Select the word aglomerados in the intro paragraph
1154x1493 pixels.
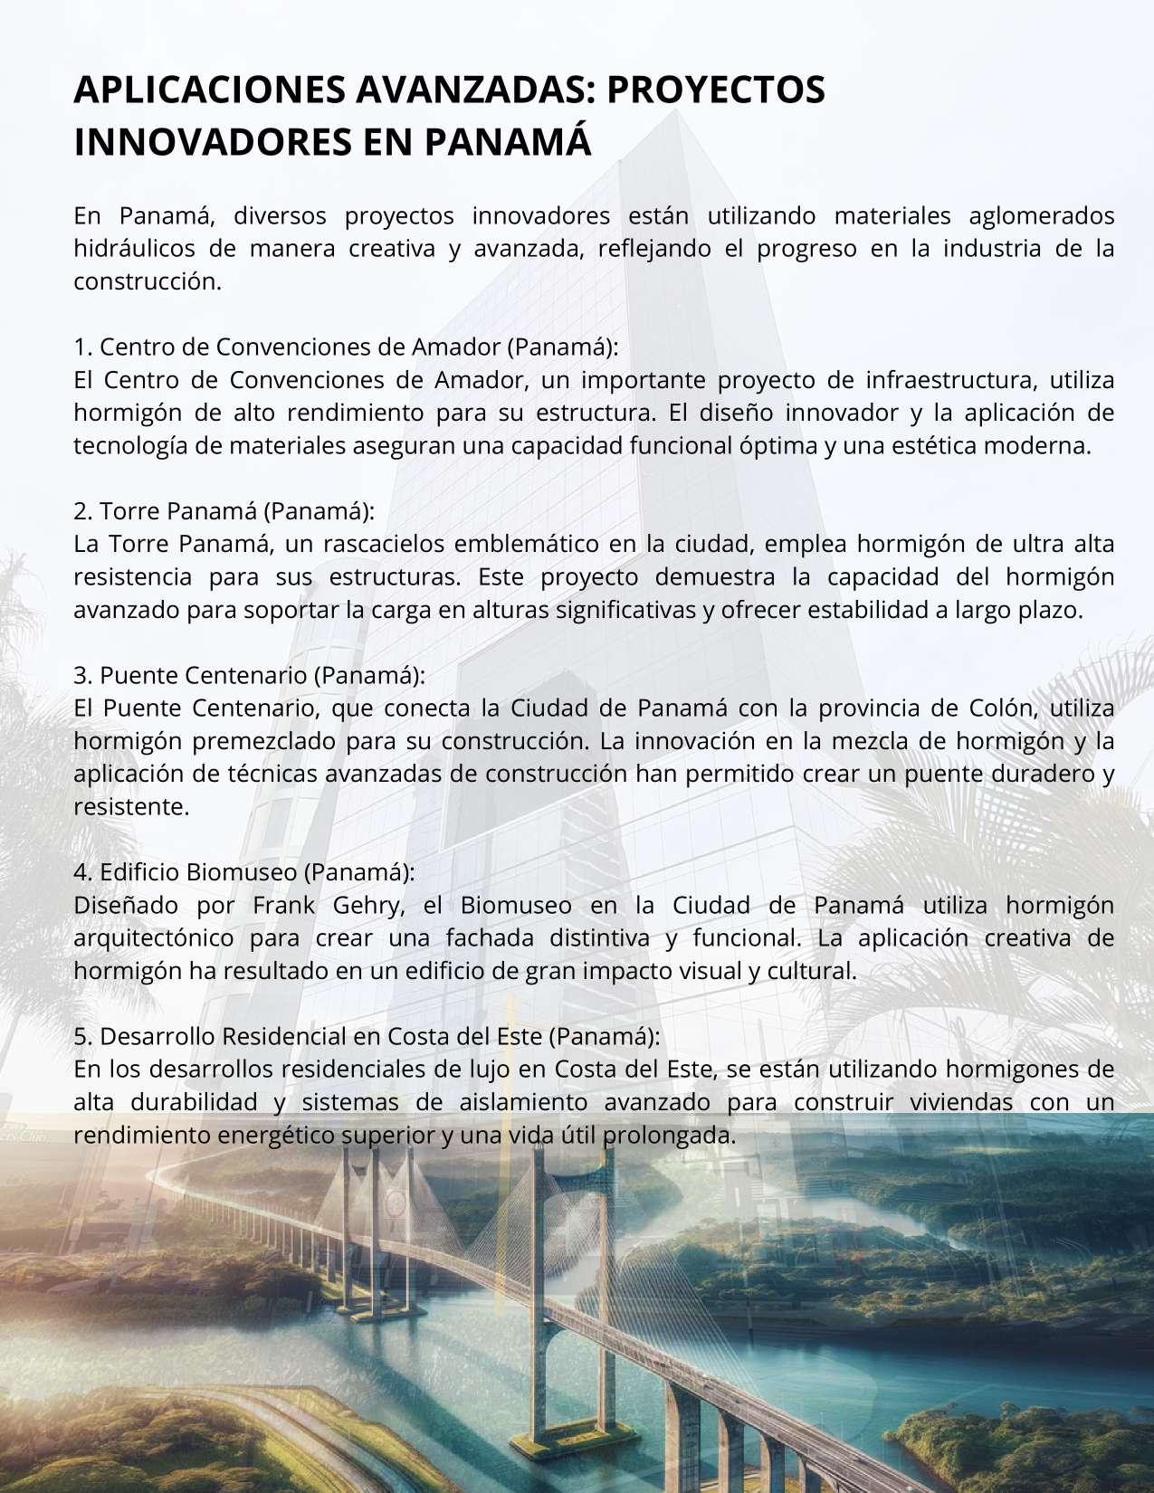click(1041, 216)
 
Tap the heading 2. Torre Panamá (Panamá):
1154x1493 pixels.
click(224, 511)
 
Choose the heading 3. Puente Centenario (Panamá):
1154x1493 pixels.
click(249, 675)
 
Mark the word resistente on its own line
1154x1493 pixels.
click(130, 806)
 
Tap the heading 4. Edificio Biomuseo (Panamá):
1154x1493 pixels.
click(244, 871)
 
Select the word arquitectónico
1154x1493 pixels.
click(153, 937)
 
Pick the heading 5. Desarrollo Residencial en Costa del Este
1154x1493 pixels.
click(367, 1035)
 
